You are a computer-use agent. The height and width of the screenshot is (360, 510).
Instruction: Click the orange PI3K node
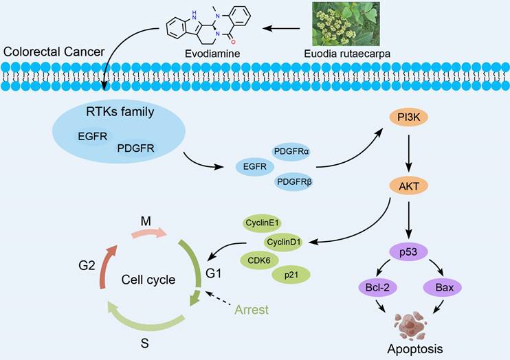click(x=409, y=118)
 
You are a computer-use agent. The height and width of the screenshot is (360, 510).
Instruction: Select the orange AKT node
click(x=409, y=188)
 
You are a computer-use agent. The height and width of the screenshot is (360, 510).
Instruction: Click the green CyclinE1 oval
click(x=263, y=224)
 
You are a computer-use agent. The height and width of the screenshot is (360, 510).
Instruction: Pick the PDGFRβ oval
click(x=293, y=182)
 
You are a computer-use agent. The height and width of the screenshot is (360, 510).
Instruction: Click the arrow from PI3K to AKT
click(x=409, y=153)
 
